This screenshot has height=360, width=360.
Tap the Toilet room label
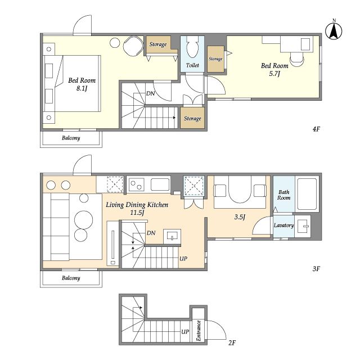click(x=192, y=65)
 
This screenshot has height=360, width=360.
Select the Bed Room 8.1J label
click(x=82, y=84)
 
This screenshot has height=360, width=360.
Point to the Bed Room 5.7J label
click(x=274, y=69)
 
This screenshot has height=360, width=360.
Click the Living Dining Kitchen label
click(x=137, y=205)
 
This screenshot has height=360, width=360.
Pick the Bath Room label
click(x=283, y=195)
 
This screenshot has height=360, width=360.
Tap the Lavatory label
click(x=283, y=225)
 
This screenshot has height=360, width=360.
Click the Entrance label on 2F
click(x=199, y=331)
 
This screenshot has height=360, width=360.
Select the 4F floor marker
click(x=316, y=129)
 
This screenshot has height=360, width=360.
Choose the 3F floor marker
click(x=316, y=269)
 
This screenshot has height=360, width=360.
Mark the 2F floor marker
click(x=232, y=343)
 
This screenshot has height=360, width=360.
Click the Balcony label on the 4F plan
click(x=71, y=138)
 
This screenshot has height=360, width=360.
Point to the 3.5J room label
click(x=240, y=217)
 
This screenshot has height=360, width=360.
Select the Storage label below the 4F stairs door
click(x=192, y=119)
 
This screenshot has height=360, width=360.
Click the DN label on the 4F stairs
click(x=151, y=93)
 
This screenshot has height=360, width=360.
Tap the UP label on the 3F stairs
click(x=183, y=259)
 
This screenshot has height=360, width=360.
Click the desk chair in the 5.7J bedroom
click(x=297, y=59)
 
